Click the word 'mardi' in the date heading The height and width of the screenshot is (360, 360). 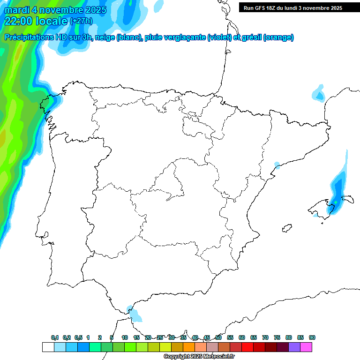coord(17,10)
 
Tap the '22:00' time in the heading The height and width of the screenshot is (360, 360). coord(18,21)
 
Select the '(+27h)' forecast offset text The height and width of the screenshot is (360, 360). coord(81,21)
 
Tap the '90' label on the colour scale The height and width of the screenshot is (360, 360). coord(312,337)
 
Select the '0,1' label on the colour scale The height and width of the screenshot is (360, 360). coord(55,337)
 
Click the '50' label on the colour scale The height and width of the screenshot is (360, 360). coord(218,337)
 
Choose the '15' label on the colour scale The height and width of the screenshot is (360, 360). coord(136,337)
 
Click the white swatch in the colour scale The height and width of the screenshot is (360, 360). coord(48,347)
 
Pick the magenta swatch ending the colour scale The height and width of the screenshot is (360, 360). coord(306,347)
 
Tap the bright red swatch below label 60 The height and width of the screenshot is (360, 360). coord(247,347)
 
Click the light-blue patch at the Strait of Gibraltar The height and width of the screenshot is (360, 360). coord(135,315)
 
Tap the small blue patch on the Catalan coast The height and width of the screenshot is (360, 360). coord(277,165)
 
